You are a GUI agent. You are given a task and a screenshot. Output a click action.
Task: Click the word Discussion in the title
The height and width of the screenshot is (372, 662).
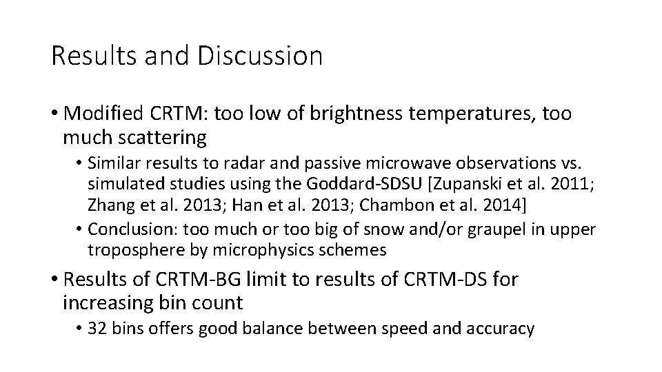click(259, 56)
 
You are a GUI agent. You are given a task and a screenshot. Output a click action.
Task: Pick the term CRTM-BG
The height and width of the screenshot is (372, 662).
click(201, 280)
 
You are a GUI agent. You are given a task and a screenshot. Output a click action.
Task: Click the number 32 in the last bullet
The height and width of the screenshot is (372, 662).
click(97, 329)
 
